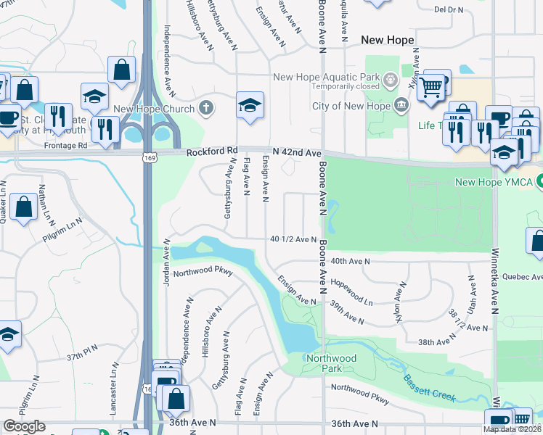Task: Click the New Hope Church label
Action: click(154, 109)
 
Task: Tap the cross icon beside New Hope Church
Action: click(206, 109)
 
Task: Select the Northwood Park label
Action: click(331, 358)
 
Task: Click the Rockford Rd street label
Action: click(212, 152)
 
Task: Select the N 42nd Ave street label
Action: click(296, 152)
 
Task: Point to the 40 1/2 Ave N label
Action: click(293, 239)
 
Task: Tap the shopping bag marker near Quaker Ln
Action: click(25, 207)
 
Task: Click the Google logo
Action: click(25, 426)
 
